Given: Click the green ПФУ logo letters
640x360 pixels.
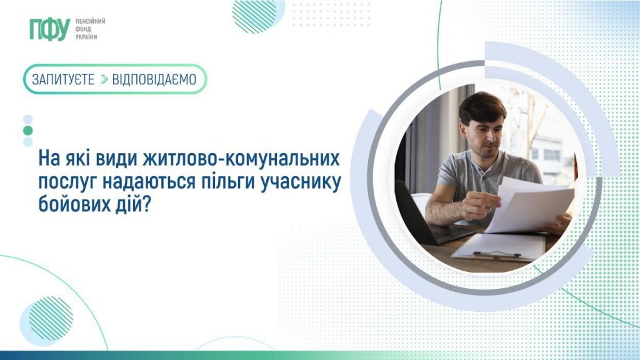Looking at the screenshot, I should [x=48, y=29].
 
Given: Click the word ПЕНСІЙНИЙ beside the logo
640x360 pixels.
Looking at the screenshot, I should [x=90, y=21].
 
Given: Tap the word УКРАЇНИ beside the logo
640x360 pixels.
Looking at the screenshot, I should [x=86, y=37].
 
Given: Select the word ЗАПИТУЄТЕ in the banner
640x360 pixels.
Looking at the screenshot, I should [x=63, y=79].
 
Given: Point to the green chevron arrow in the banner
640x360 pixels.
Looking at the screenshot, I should [x=104, y=79].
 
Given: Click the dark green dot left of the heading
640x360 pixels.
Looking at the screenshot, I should [x=27, y=131].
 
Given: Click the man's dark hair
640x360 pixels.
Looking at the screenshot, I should [x=482, y=104].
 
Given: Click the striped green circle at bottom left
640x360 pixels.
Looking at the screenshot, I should [x=51, y=317].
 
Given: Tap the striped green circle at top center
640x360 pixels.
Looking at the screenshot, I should [x=254, y=16].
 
